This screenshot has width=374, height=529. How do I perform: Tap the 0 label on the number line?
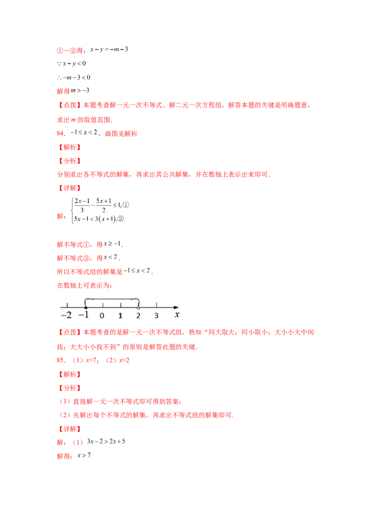pos(102,315)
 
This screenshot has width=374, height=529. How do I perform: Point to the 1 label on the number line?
pos(120,315)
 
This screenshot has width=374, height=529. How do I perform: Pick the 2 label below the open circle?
pos(138,315)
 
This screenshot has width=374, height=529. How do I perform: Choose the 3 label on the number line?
pos(156,315)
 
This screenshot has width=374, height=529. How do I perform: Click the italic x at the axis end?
pos(177,315)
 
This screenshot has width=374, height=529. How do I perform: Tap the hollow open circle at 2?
pos(138,307)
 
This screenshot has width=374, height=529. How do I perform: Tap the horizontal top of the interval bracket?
pos(112,298)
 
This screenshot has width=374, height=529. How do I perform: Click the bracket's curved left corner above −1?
pos(86,300)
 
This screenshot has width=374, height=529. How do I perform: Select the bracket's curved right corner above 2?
pos(138,300)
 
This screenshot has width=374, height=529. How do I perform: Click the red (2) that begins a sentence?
pos(65,415)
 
